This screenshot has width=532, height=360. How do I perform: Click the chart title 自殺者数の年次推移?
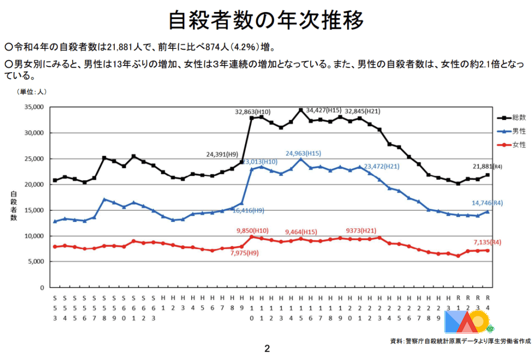pos(265,21)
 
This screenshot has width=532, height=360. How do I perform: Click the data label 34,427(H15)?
pos(324,110)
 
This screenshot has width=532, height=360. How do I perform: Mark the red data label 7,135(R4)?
pos(487,242)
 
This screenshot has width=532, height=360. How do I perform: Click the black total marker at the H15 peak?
pos(300,110)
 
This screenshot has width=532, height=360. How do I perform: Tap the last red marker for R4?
pos(487,250)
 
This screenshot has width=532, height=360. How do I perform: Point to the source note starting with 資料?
pos(460,341)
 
